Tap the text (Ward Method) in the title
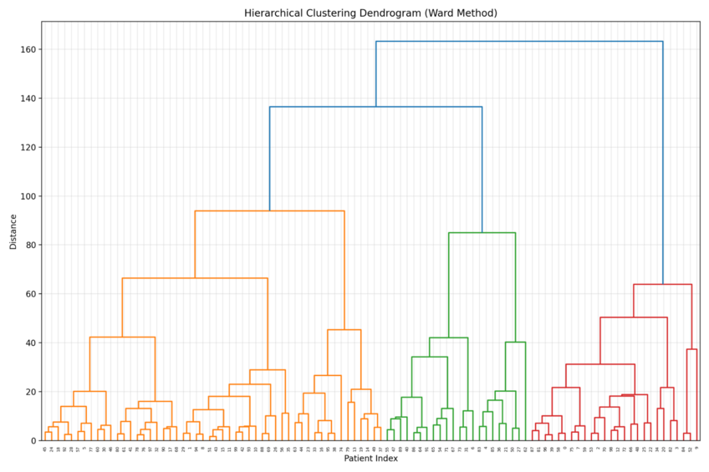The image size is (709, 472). pos(465,13)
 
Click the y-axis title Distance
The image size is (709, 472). pos(13,231)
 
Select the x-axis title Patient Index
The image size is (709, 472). pos(370,459)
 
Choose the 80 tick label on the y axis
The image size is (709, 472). pos(29,246)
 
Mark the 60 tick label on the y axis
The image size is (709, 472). pos(29,294)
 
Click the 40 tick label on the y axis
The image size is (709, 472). pos(29,343)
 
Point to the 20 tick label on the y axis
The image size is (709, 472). pos(29,392)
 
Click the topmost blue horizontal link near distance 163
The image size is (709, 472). pos(518,41)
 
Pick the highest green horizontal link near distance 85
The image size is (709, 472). pos(482,233)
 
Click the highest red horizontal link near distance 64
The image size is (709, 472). pos(662,285)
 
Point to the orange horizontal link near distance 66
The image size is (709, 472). pos(195,278)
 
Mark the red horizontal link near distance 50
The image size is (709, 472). pos(633,317)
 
